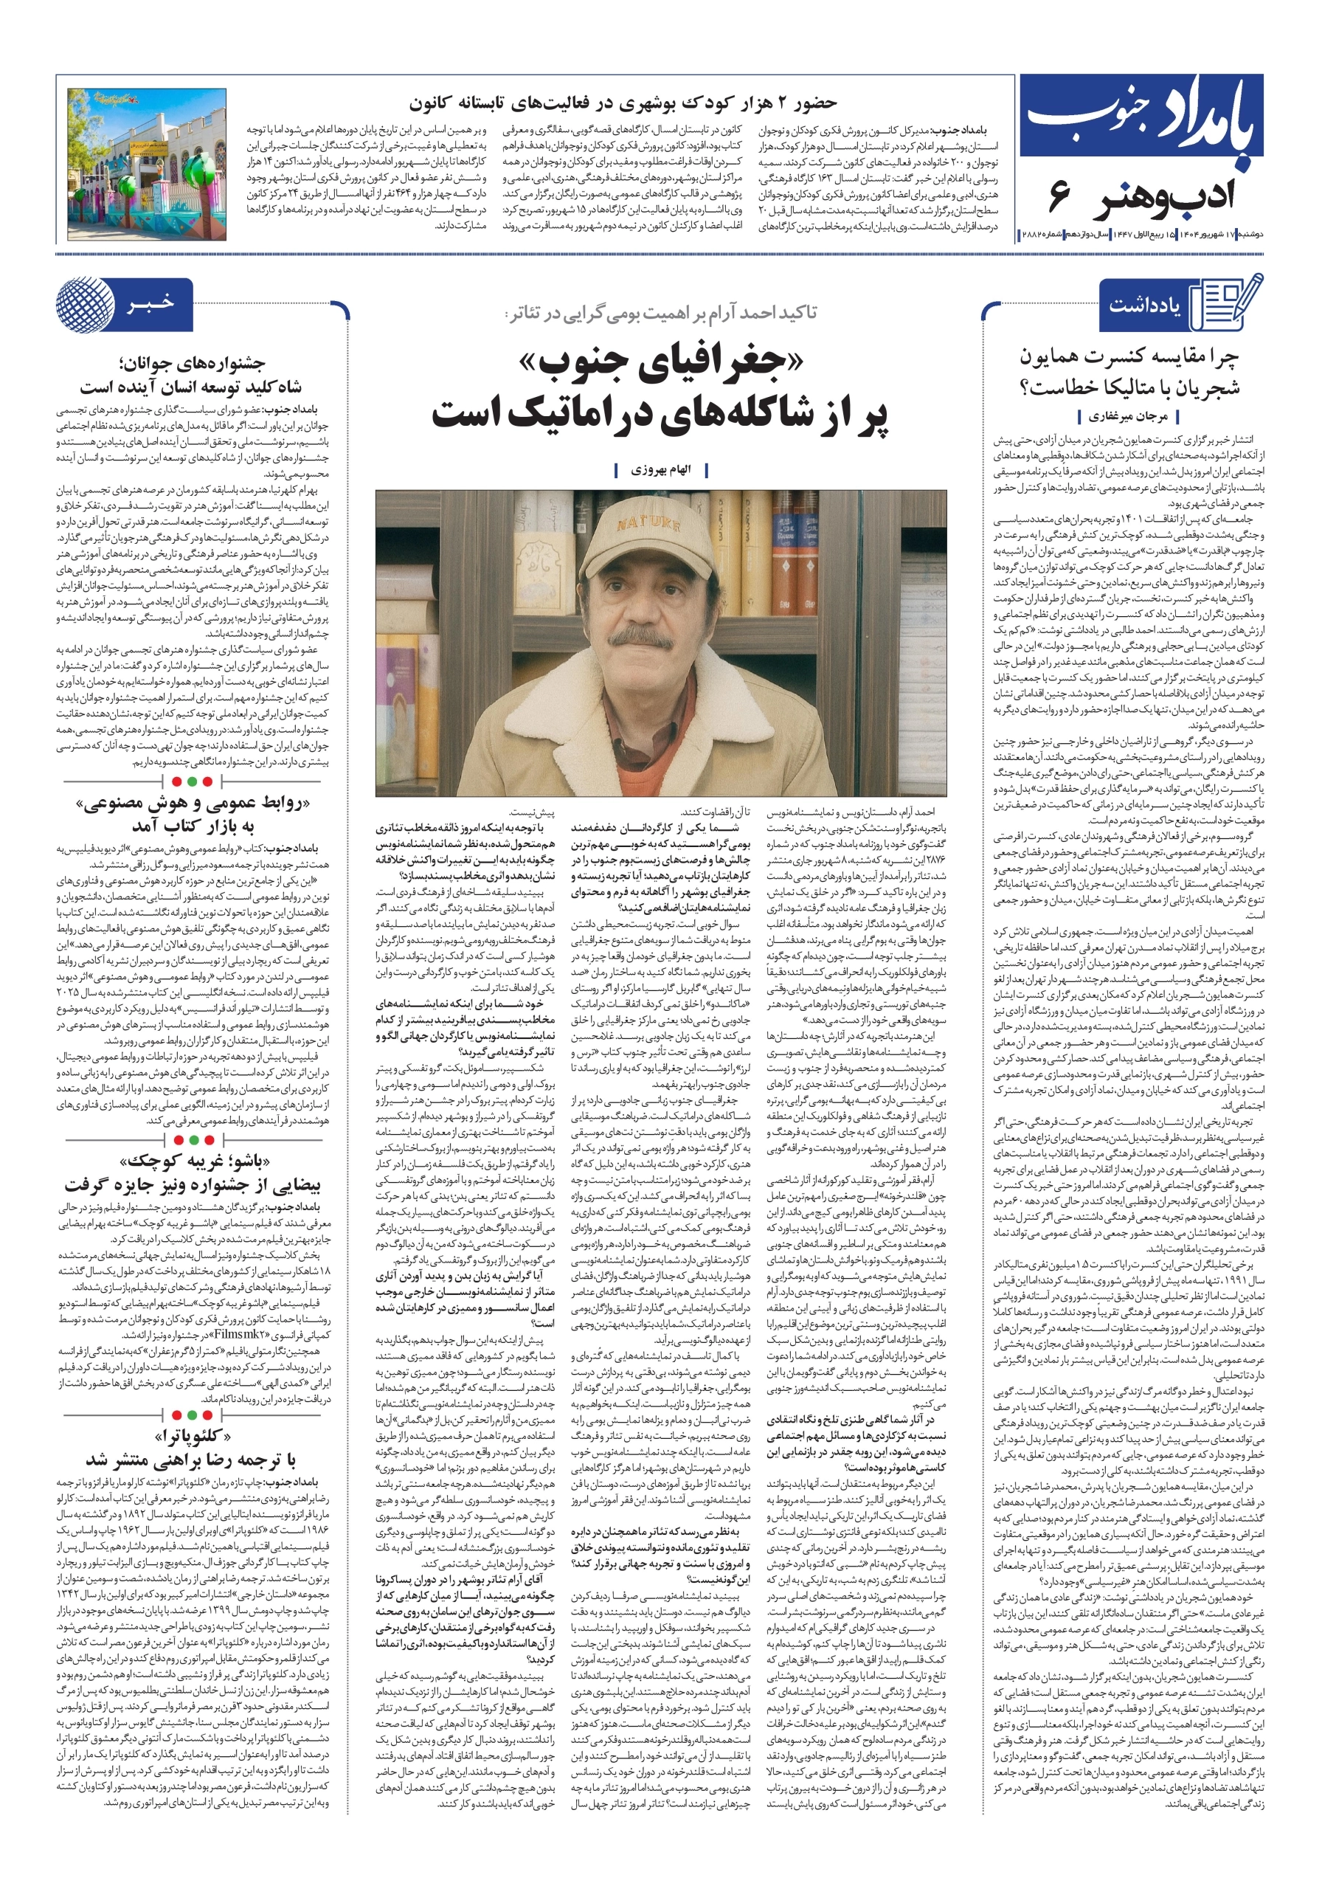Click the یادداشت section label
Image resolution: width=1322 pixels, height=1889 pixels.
coord(1144,305)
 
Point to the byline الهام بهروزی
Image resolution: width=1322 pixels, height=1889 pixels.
coord(660,470)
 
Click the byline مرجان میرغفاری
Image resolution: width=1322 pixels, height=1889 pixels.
coord(1128,417)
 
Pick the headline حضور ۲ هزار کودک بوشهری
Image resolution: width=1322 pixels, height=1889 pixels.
coord(622,103)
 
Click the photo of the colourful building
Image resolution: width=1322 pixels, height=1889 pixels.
coord(146,165)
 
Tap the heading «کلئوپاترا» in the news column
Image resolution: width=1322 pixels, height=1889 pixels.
coord(193,1437)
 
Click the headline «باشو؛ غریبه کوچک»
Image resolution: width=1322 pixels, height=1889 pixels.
coord(192,1161)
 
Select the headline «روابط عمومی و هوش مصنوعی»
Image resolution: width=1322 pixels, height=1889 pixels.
coord(193,803)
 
